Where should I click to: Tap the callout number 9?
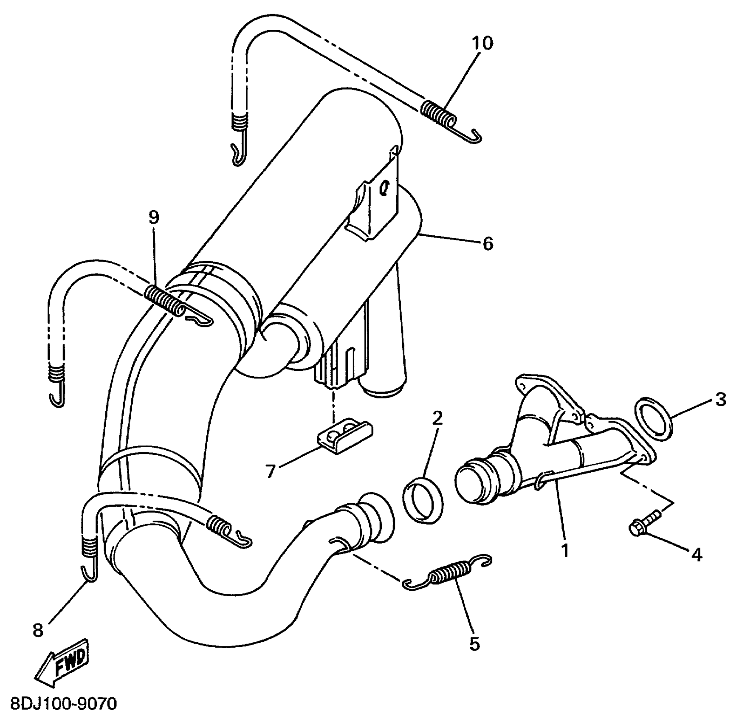click(154, 217)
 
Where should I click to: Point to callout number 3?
click(721, 400)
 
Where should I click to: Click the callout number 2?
click(437, 418)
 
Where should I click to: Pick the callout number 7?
click(271, 471)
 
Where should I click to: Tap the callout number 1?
click(564, 550)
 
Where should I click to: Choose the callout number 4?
click(697, 555)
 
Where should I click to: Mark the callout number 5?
click(474, 644)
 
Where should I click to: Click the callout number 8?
click(38, 630)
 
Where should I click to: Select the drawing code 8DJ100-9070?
click(63, 704)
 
